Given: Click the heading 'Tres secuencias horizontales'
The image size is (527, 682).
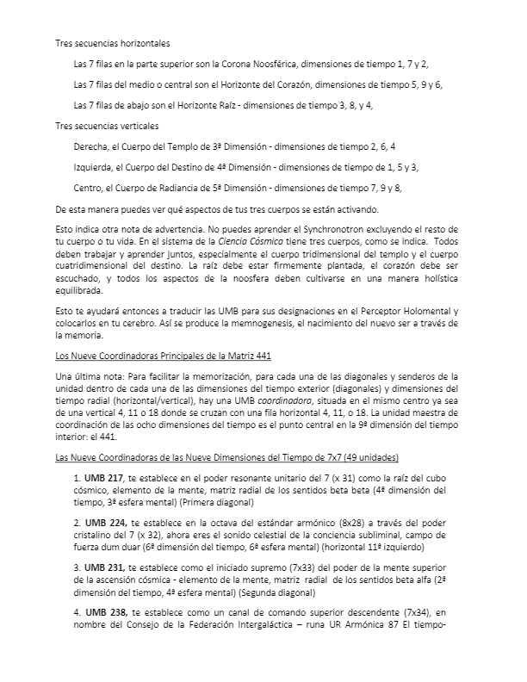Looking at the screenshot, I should point(112,43).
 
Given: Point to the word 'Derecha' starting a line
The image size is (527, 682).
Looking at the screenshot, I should point(93,146).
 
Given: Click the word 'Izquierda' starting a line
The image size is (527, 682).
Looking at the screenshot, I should point(96,167).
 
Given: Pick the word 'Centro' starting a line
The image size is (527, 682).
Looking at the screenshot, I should point(90,188).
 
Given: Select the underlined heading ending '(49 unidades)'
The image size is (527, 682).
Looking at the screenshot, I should point(226,456).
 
